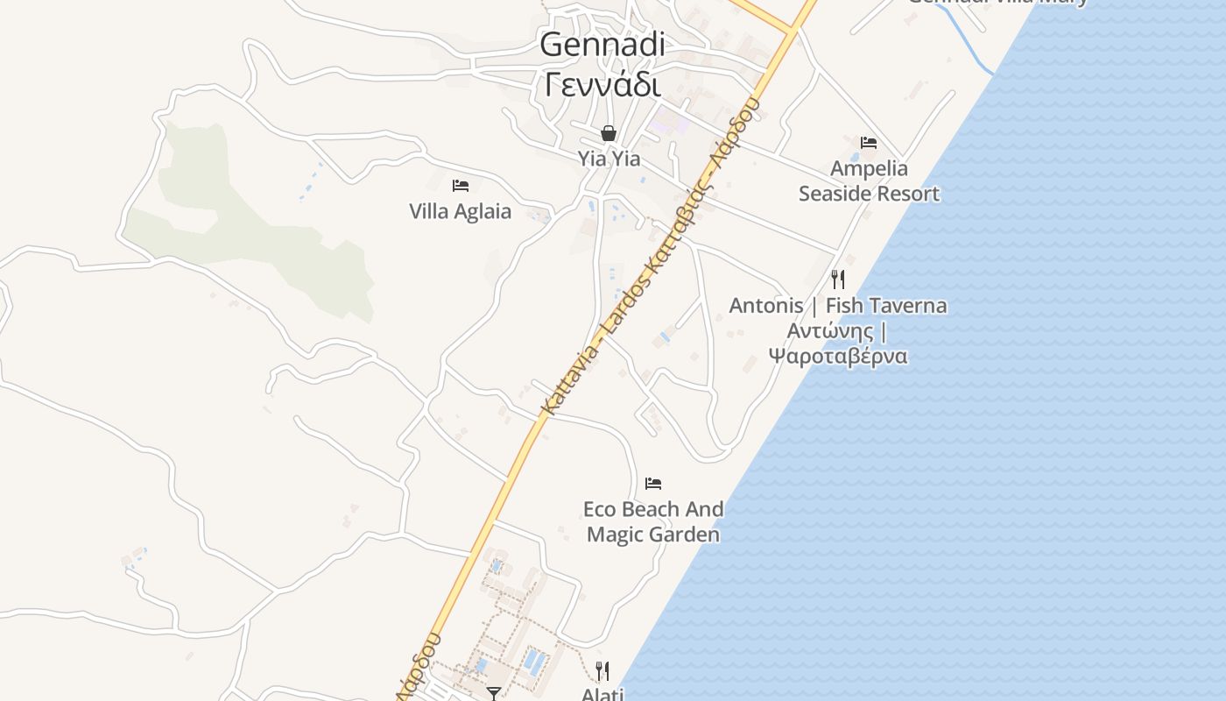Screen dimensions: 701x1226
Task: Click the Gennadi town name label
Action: tap(602, 44)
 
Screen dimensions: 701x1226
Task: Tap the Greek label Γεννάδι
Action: tap(602, 85)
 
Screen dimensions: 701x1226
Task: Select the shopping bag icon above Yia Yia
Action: tap(609, 133)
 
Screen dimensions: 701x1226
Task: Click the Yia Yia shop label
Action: tap(609, 159)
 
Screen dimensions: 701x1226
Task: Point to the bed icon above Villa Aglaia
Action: tap(461, 185)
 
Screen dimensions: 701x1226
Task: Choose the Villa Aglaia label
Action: tap(461, 211)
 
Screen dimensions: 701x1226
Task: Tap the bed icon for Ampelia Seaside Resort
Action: tap(869, 142)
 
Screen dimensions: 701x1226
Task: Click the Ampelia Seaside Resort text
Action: tap(869, 181)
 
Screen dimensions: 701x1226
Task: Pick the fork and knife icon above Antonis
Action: tap(838, 280)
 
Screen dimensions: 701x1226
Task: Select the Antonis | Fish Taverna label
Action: tap(838, 306)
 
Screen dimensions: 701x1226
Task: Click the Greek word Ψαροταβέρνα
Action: tap(838, 356)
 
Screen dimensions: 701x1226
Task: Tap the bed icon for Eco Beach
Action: tap(653, 483)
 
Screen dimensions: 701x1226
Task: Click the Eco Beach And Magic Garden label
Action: tap(653, 521)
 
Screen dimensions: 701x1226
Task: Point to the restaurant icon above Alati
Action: tap(602, 671)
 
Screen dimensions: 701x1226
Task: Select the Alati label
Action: tap(602, 694)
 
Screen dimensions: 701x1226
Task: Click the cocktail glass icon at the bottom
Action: tap(494, 693)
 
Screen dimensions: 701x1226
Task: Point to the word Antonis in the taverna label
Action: tap(766, 306)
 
